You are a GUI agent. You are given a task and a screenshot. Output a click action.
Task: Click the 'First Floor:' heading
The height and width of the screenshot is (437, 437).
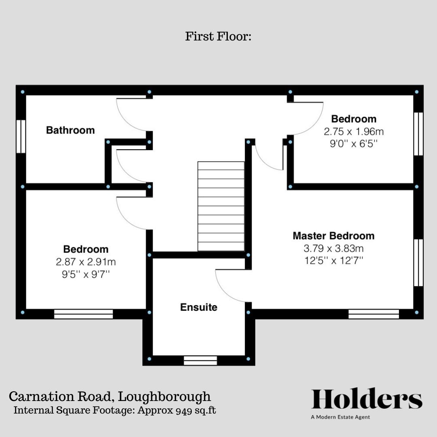click(x=218, y=36)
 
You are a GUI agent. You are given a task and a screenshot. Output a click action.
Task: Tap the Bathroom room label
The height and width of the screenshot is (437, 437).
click(x=70, y=130)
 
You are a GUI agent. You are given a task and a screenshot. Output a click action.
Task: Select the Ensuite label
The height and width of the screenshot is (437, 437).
click(x=198, y=308)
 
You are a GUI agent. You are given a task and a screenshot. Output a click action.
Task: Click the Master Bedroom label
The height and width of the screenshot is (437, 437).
click(x=333, y=236)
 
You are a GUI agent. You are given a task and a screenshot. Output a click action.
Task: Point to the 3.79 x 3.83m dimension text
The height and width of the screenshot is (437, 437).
click(x=334, y=248)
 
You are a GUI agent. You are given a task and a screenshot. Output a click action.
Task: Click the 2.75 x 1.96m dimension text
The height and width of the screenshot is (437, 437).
click(x=353, y=132)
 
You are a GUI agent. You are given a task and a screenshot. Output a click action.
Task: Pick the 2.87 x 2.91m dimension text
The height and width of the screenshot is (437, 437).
click(x=86, y=262)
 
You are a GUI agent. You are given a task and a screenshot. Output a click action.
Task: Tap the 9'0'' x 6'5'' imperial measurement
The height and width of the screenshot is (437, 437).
click(x=353, y=144)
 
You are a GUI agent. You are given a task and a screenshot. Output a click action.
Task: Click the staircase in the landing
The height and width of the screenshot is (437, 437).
click(x=221, y=206)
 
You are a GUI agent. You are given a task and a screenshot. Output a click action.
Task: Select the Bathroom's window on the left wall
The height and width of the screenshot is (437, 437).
click(x=21, y=136)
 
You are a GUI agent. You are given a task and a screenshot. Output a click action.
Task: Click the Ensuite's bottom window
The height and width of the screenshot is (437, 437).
click(x=200, y=360)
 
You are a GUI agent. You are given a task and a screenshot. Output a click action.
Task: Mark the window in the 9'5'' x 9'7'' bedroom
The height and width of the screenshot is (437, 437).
click(x=83, y=314)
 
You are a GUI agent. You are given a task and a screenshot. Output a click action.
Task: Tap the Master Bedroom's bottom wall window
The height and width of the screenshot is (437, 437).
click(x=373, y=314)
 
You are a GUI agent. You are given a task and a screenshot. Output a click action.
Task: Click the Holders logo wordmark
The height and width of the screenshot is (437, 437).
click(x=367, y=399)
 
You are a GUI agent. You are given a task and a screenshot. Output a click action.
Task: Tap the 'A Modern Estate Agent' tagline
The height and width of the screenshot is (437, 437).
click(x=340, y=417)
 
